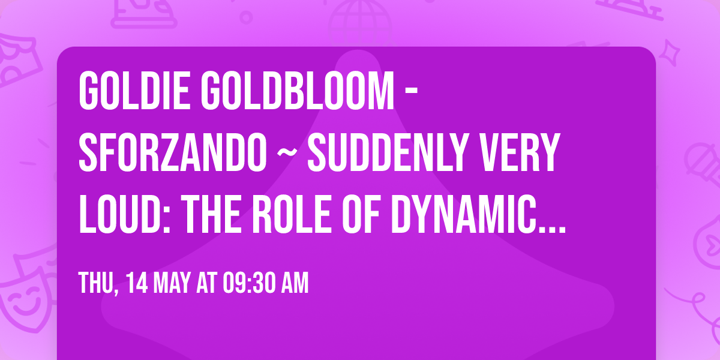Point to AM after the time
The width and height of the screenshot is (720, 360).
click(294, 283)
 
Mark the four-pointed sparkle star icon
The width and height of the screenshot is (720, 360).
click(673, 50)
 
